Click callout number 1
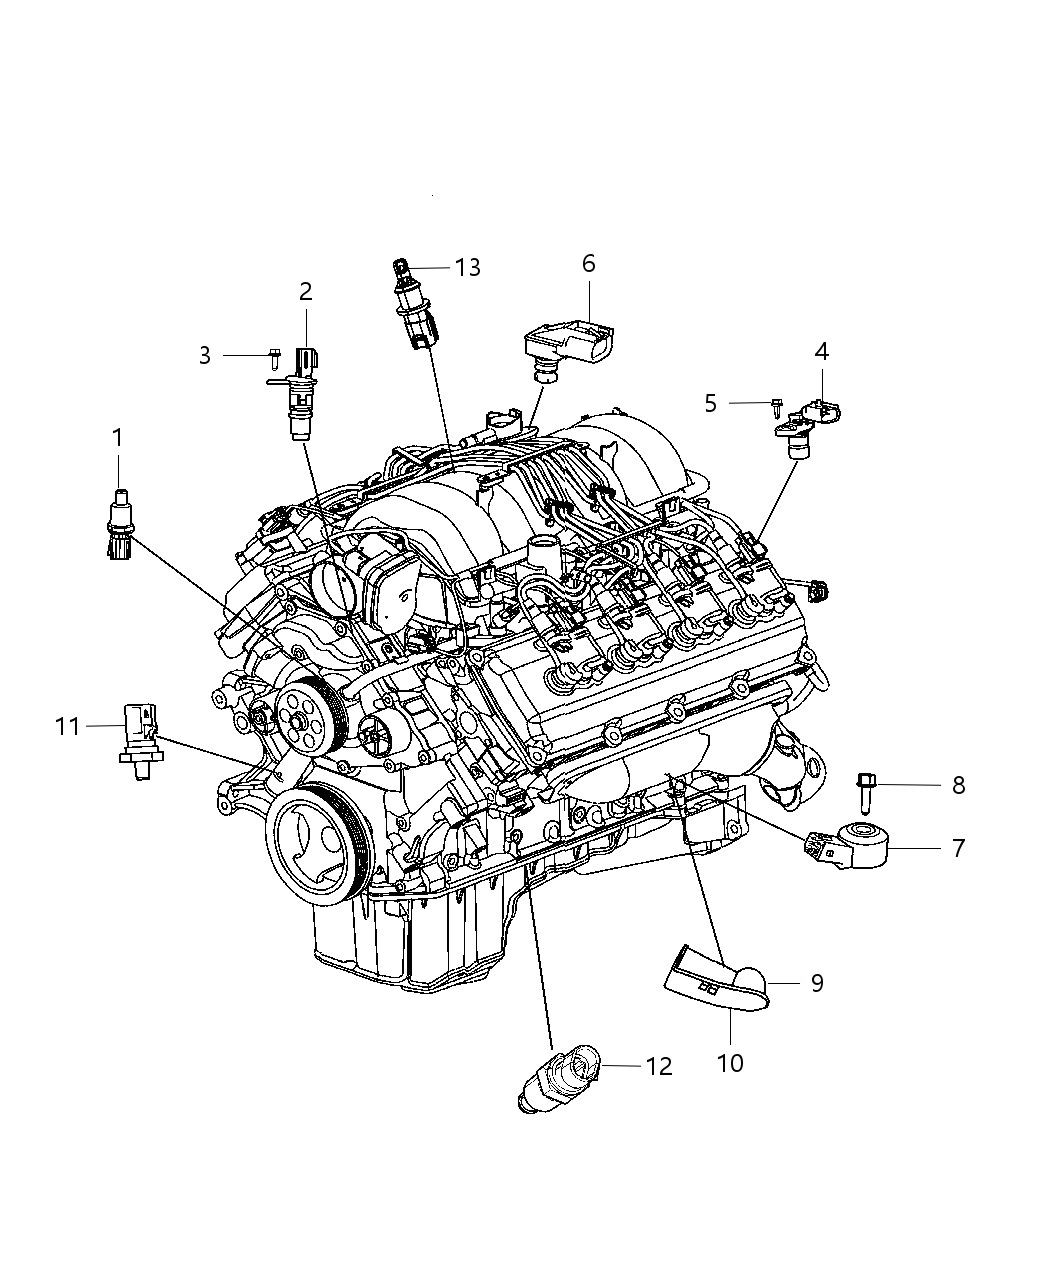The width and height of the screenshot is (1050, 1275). (x=118, y=437)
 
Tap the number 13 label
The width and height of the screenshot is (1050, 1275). (x=467, y=268)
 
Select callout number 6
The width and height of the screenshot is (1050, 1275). (x=588, y=263)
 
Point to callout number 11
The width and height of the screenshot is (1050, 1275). (x=67, y=727)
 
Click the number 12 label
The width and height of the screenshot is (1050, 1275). (x=659, y=1067)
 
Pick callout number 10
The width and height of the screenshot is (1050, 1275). (x=730, y=1062)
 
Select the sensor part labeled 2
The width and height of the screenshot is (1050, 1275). (x=302, y=392)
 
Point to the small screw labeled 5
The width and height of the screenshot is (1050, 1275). (x=776, y=404)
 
